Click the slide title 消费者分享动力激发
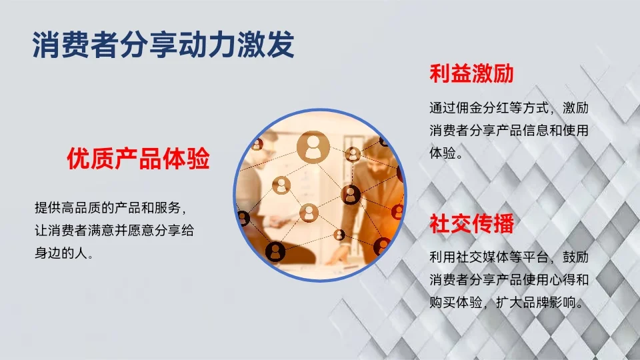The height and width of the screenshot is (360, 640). click(163, 45)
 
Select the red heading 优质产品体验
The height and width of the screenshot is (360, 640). click(138, 159)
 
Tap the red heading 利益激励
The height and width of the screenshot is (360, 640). click(471, 73)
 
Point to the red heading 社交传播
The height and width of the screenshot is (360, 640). click(471, 223)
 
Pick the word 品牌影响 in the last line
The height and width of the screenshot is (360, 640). click(547, 302)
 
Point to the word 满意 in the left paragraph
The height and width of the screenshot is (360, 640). click(131, 230)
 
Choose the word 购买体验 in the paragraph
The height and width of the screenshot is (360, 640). click(459, 302)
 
